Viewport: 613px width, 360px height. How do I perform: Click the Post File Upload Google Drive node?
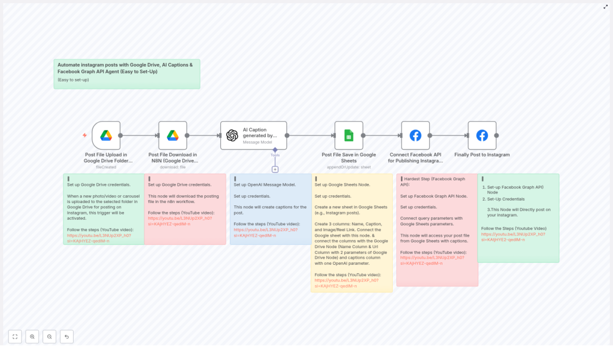pos(106,135)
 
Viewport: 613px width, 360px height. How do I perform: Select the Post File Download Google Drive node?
pos(172,135)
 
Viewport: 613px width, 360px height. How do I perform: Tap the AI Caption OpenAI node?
pos(253,135)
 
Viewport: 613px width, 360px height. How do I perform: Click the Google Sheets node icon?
pos(348,135)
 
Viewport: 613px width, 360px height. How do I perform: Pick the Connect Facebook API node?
pos(415,135)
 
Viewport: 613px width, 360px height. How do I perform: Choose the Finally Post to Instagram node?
pos(482,135)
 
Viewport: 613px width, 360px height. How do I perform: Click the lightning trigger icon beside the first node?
pos(84,135)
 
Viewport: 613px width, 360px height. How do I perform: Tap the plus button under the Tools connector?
pos(275,170)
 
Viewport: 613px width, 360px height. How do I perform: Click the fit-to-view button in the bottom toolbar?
pos(15,337)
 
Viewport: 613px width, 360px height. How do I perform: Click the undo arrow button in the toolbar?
pos(66,337)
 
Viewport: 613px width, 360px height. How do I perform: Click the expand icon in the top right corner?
pos(605,7)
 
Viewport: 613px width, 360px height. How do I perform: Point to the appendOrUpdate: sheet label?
pos(348,167)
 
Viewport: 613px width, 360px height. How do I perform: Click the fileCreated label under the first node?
pos(106,167)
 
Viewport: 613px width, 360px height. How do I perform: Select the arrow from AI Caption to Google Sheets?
pos(310,135)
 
